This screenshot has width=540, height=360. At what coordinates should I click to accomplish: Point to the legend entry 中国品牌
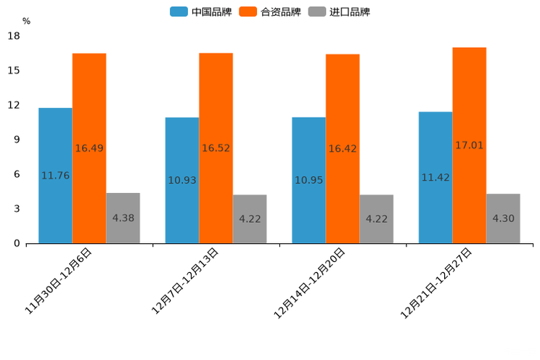click(x=200, y=12)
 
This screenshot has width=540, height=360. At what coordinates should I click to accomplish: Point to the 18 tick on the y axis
click(x=14, y=36)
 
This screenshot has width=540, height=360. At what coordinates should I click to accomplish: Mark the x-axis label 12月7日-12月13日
click(x=185, y=280)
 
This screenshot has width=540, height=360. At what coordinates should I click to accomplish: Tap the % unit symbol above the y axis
click(x=26, y=21)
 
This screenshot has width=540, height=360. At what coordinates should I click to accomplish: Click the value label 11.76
click(x=55, y=176)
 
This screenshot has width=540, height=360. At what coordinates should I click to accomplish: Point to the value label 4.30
click(x=503, y=218)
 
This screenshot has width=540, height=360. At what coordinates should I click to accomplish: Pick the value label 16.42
click(x=343, y=149)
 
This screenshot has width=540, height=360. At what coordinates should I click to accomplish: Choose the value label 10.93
click(x=182, y=180)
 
